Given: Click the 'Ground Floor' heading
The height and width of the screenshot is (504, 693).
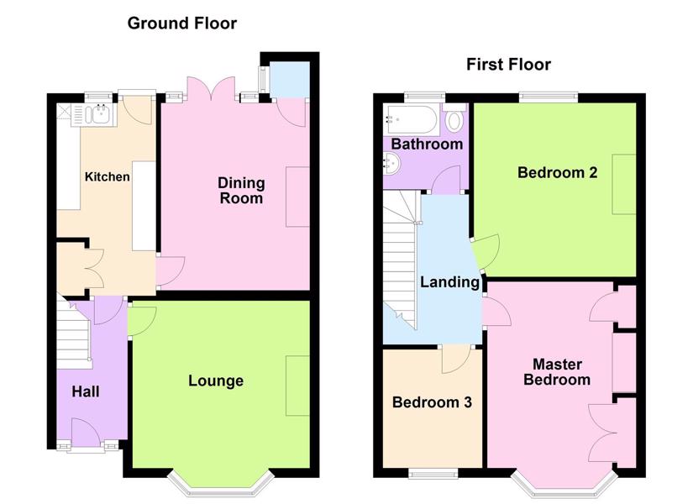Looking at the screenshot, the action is point(182,24).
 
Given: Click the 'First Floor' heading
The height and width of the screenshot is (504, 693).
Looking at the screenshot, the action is point(509,65).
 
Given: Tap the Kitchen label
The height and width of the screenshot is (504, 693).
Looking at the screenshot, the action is point(108,177).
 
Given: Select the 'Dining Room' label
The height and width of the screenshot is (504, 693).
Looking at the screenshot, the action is point(241,191).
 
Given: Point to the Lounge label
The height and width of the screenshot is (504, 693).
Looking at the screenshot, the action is point(216,381).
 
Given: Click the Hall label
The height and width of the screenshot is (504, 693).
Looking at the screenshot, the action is point(86,391).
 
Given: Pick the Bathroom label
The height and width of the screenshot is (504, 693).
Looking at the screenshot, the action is point(427,144).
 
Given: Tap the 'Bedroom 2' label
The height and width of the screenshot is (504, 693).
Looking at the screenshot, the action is point(557,172).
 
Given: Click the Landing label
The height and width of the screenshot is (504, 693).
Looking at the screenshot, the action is point(450,282).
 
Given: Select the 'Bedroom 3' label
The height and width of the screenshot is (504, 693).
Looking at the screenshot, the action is point(432,402).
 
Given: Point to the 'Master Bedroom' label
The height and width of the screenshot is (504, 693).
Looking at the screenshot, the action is point(557,372).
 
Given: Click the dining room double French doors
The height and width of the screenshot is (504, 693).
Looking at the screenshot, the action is point(211,90).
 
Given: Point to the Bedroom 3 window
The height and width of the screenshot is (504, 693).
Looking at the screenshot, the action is point(433,474).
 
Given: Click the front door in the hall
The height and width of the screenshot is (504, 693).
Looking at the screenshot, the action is point(87,430).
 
